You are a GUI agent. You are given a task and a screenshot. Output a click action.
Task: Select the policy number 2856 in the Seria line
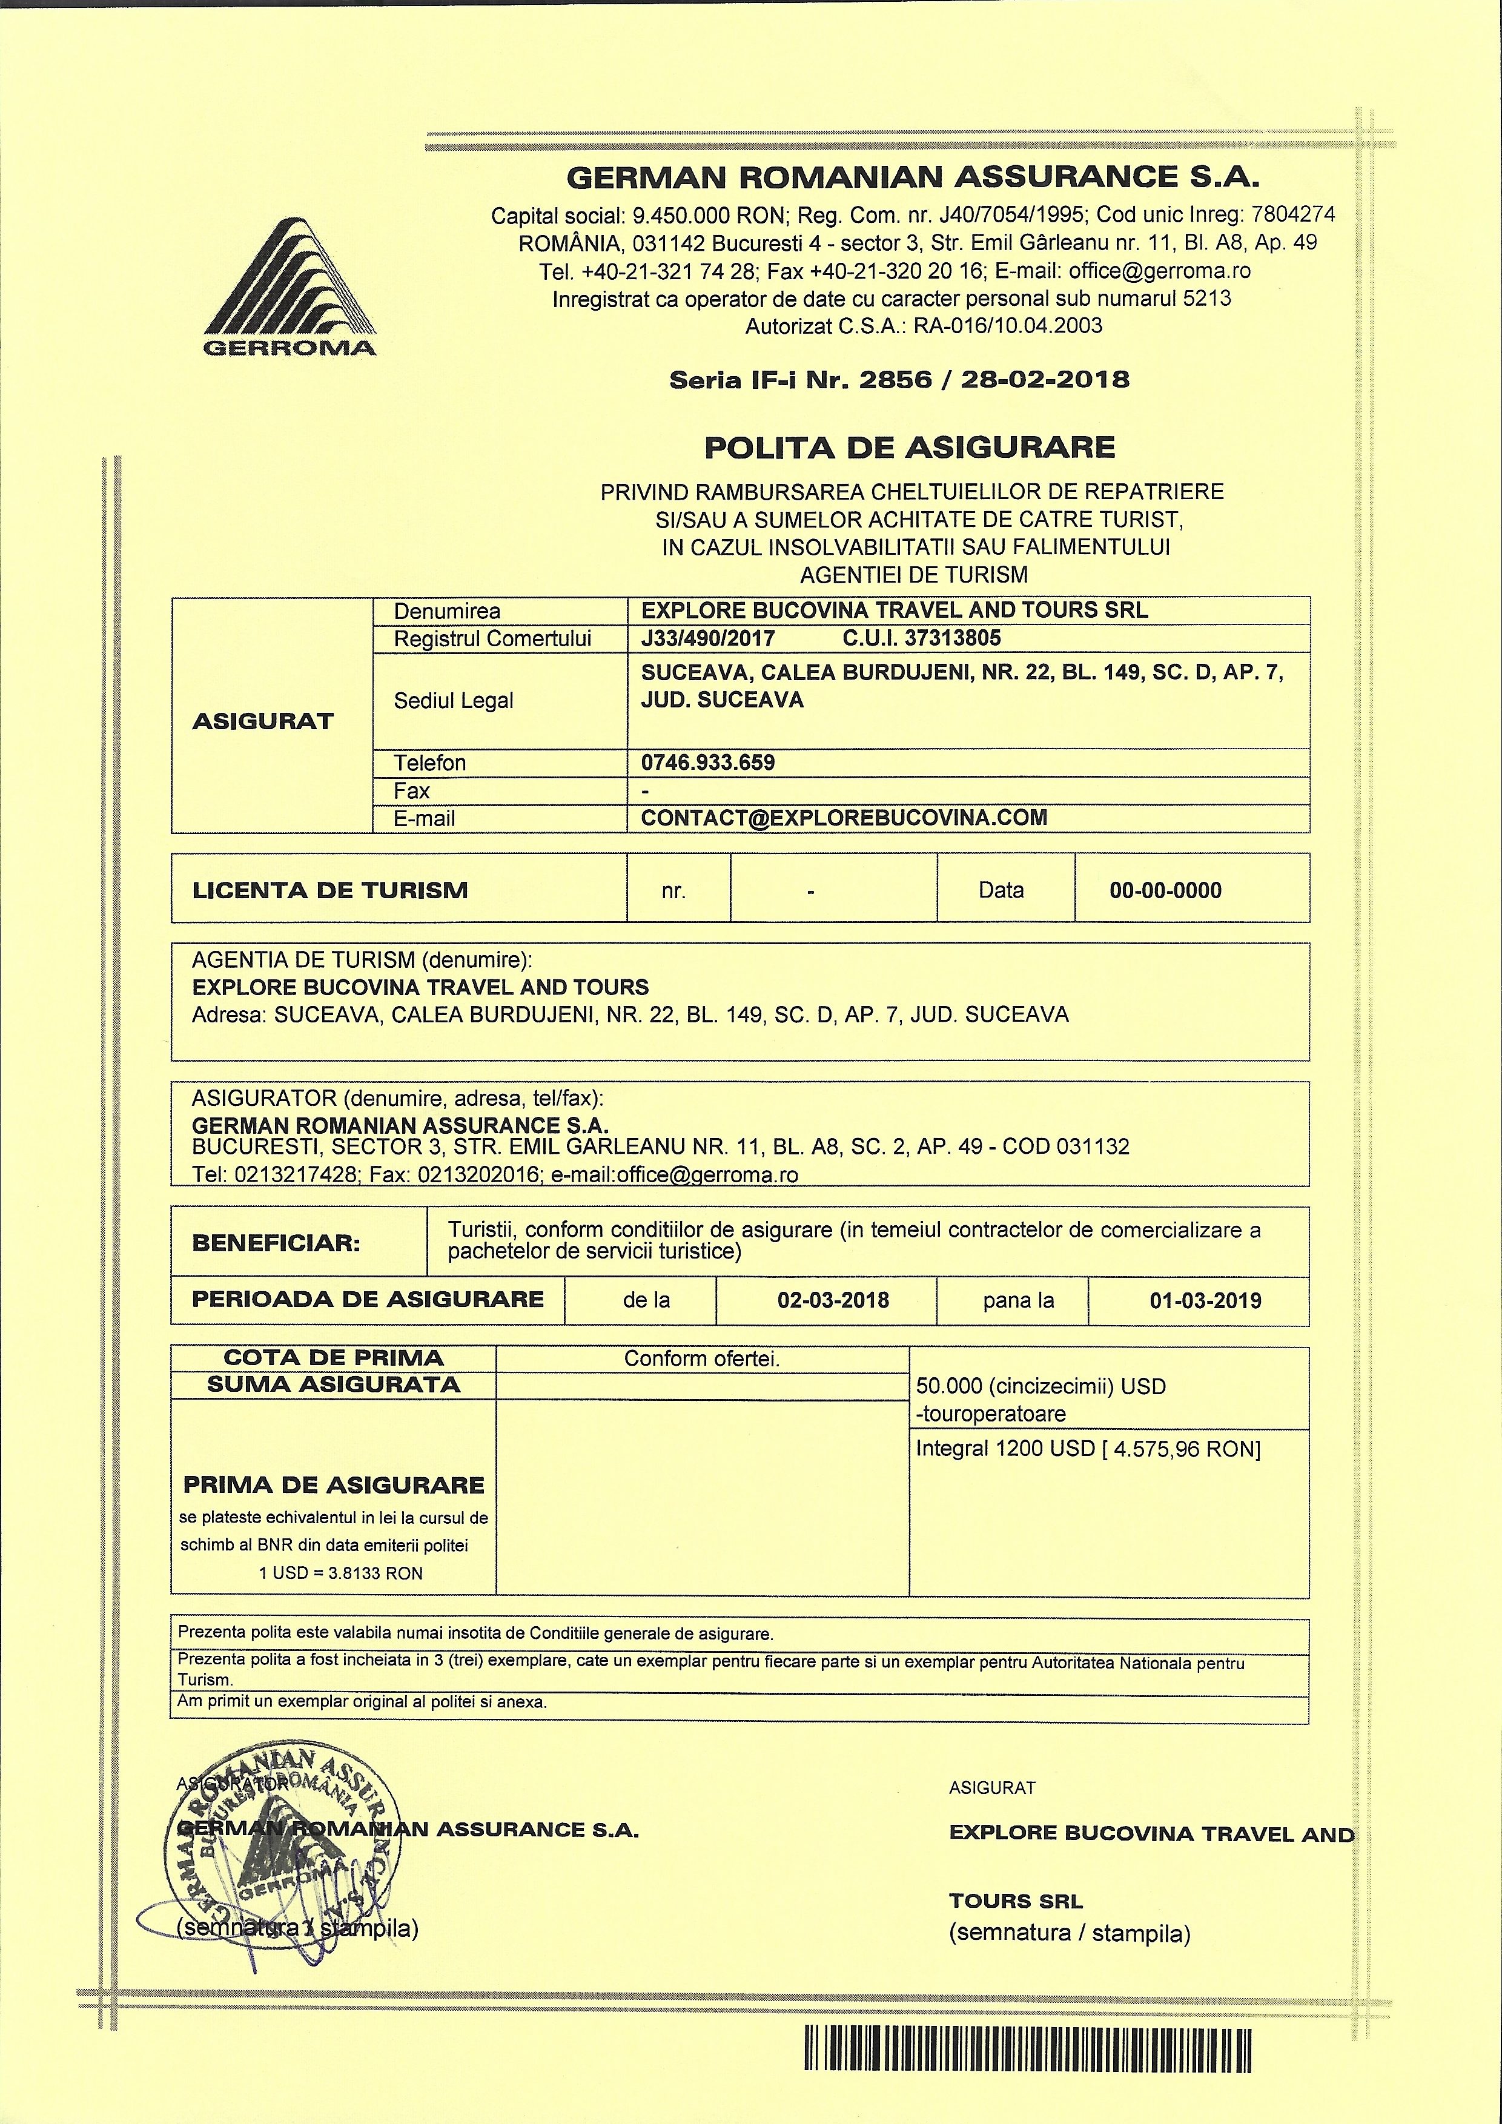tap(895, 379)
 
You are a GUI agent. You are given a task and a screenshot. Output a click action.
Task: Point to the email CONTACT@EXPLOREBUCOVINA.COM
tap(844, 818)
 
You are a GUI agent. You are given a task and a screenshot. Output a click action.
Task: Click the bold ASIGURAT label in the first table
tap(263, 721)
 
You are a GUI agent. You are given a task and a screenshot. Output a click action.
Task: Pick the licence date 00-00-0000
tap(1165, 891)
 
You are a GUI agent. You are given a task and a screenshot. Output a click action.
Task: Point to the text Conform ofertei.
tap(702, 1358)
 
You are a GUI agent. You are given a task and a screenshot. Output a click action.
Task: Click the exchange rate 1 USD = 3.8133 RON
tap(340, 1573)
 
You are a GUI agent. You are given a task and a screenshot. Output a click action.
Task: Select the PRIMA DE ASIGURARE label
tap(334, 1485)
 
